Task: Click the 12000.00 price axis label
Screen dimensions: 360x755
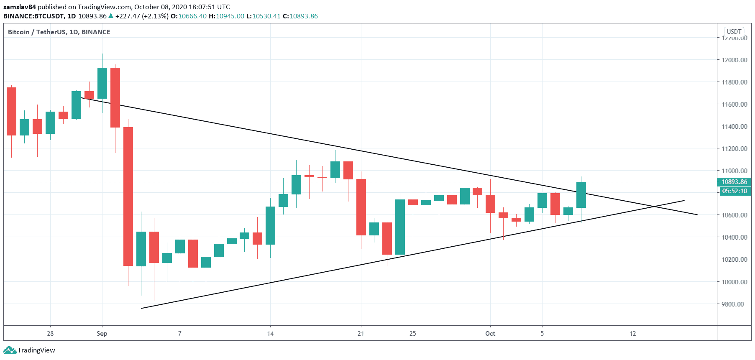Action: (x=734, y=60)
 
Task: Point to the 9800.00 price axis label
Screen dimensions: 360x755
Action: (x=734, y=304)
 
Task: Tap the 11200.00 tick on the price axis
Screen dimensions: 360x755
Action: (x=734, y=148)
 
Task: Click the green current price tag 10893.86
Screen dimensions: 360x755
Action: (x=734, y=182)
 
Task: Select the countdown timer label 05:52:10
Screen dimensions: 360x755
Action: (x=734, y=191)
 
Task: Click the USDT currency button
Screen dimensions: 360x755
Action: (x=734, y=32)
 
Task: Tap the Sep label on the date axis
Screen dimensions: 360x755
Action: (x=102, y=334)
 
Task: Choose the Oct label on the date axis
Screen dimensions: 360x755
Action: (x=490, y=334)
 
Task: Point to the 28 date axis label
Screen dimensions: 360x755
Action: (x=50, y=334)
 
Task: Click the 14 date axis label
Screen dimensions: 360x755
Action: (x=271, y=334)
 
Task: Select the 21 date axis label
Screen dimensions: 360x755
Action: (x=361, y=334)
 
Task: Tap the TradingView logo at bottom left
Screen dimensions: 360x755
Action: (x=30, y=350)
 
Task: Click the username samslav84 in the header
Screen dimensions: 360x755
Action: (x=20, y=7)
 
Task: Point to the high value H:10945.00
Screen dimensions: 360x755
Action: (x=226, y=16)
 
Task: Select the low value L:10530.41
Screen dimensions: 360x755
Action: (x=264, y=16)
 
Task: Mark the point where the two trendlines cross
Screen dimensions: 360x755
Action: (x=654, y=207)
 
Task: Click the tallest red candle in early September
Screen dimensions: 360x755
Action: (x=128, y=196)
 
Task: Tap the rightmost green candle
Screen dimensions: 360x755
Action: (x=581, y=195)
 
